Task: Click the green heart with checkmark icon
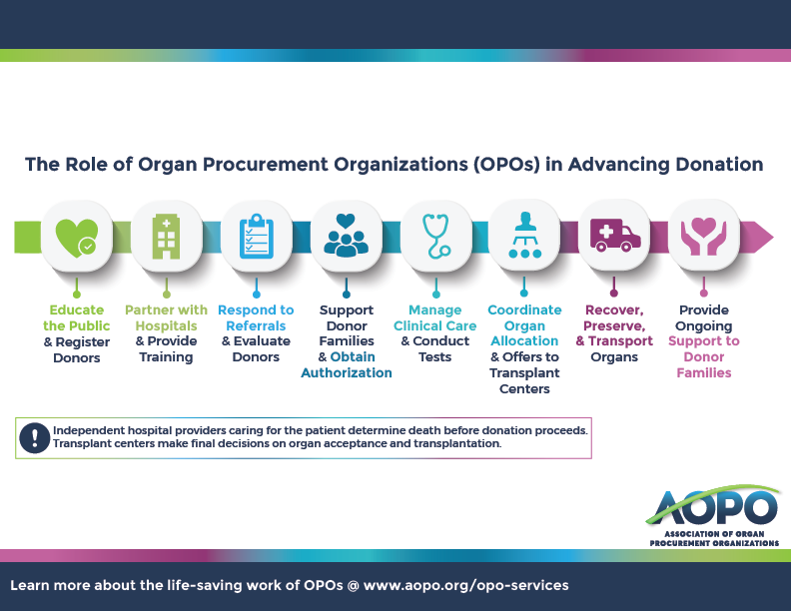[x=76, y=238]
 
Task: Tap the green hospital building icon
[x=167, y=237]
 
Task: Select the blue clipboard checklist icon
[x=257, y=236]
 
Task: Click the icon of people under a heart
[x=346, y=235]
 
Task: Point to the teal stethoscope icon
[x=435, y=236]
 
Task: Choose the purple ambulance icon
[x=615, y=235]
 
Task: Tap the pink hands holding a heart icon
[x=704, y=236]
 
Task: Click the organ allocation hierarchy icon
[x=524, y=235]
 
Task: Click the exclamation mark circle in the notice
[x=34, y=437]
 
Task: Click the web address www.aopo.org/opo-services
[x=465, y=585]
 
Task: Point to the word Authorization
[x=346, y=372]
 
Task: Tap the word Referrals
[x=256, y=325]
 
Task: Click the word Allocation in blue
[x=524, y=340]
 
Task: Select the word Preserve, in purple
[x=614, y=326]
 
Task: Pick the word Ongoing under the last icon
[x=704, y=326]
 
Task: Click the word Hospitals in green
[x=166, y=326]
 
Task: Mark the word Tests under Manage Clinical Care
[x=434, y=357]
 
